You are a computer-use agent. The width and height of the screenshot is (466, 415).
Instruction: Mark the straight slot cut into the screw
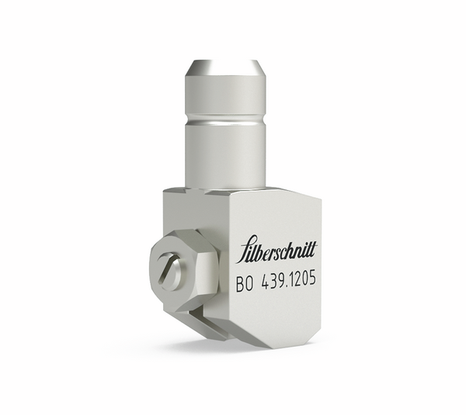pyautogui.click(x=170, y=274)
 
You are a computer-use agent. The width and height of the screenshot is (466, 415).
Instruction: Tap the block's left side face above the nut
pyautogui.click(x=177, y=217)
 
